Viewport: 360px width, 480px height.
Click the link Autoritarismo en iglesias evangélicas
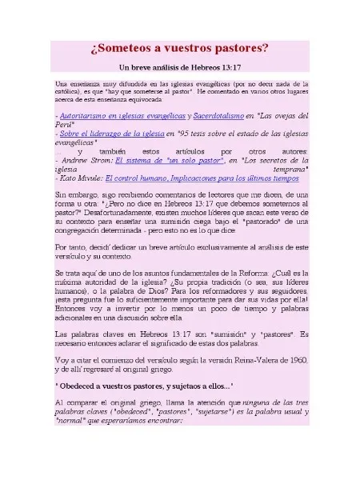[116, 115]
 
